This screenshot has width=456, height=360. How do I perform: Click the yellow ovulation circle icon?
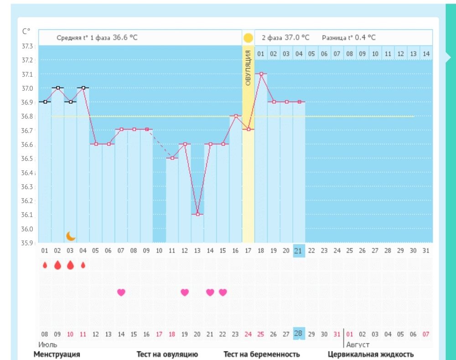[248, 38]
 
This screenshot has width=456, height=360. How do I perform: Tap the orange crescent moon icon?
[71, 236]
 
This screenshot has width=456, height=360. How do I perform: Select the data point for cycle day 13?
[197, 214]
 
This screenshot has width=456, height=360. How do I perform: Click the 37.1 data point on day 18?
[261, 73]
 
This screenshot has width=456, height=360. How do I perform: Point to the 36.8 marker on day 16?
[236, 116]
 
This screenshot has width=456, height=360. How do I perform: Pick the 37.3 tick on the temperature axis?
[28, 46]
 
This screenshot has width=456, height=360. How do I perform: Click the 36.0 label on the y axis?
[28, 229]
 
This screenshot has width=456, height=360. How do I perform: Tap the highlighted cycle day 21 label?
[299, 250]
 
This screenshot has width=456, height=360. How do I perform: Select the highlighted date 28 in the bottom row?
[299, 333]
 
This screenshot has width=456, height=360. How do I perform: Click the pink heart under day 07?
[121, 292]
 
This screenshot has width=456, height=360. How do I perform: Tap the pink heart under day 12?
[185, 292]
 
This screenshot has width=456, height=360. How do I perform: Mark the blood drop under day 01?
[45, 265]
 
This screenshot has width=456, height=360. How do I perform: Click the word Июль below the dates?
[47, 344]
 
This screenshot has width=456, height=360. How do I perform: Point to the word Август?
[358, 344]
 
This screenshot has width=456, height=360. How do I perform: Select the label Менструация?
[57, 354]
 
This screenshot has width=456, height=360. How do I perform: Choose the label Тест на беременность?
[262, 354]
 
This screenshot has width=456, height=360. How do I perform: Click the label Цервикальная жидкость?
[371, 354]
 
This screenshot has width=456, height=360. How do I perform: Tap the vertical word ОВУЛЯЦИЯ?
[248, 68]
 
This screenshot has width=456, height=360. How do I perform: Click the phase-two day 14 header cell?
[426, 54]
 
